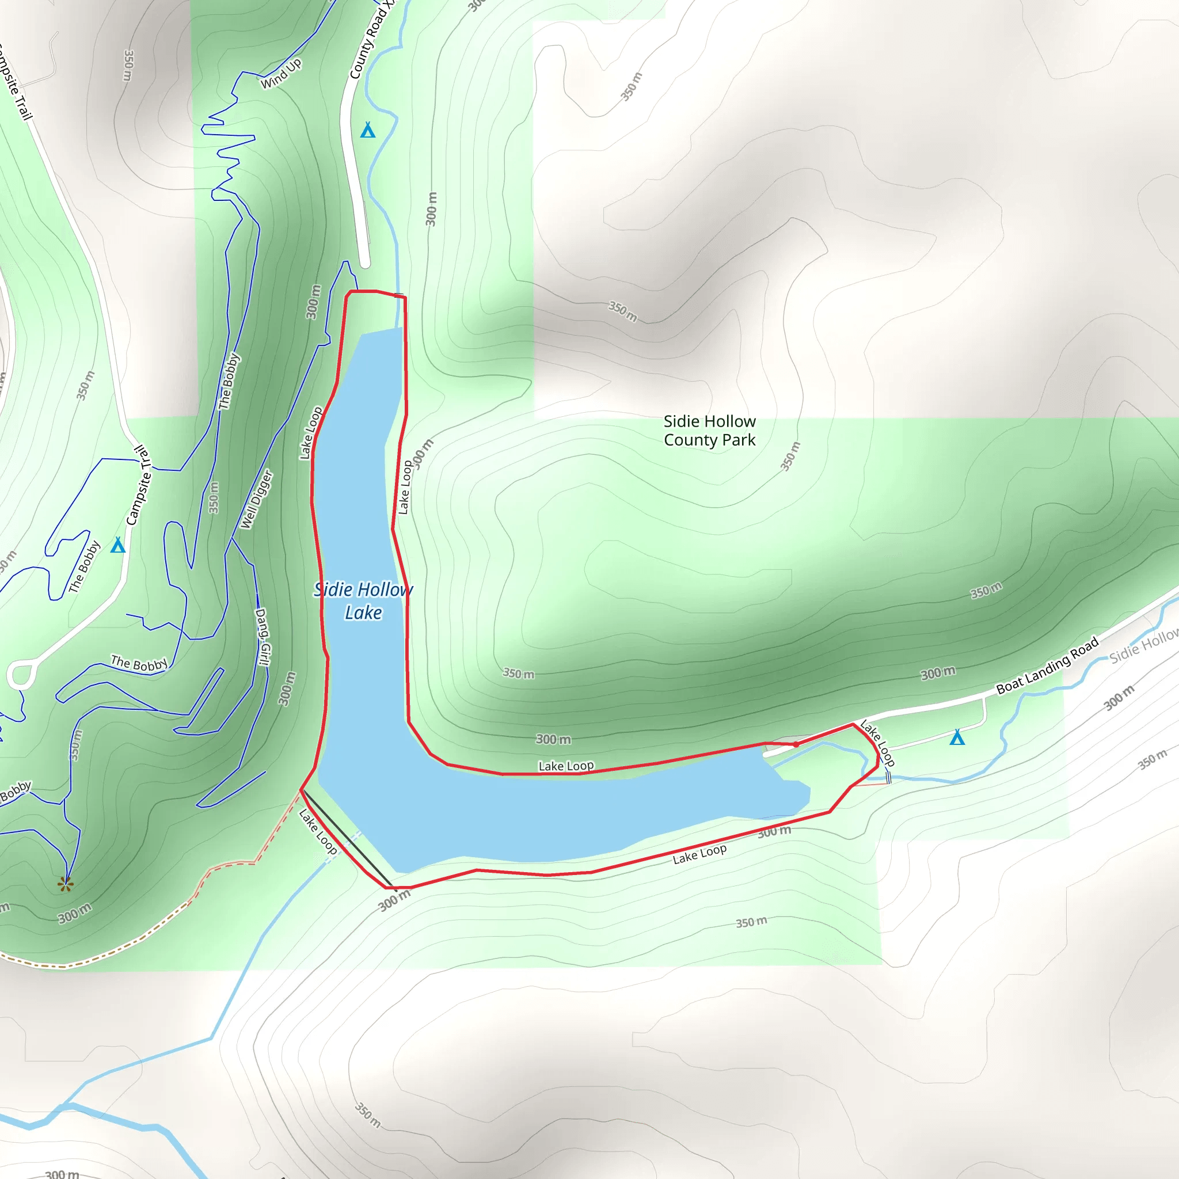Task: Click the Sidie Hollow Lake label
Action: pos(363,600)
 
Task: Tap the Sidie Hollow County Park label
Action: pos(709,430)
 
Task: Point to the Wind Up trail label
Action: pos(282,73)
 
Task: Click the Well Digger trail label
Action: pos(256,499)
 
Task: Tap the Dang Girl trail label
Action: pos(263,637)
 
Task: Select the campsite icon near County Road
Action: pos(367,130)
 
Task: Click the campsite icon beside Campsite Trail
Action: pos(118,545)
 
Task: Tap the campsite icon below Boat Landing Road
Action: pos(957,738)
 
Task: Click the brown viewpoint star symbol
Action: pos(65,884)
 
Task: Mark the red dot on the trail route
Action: pos(796,744)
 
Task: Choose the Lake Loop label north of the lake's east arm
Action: pos(566,766)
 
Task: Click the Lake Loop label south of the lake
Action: pos(699,854)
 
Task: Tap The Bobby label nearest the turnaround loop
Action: pos(139,663)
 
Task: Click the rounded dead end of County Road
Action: pos(365,263)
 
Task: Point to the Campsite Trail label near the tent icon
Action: pos(138,486)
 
